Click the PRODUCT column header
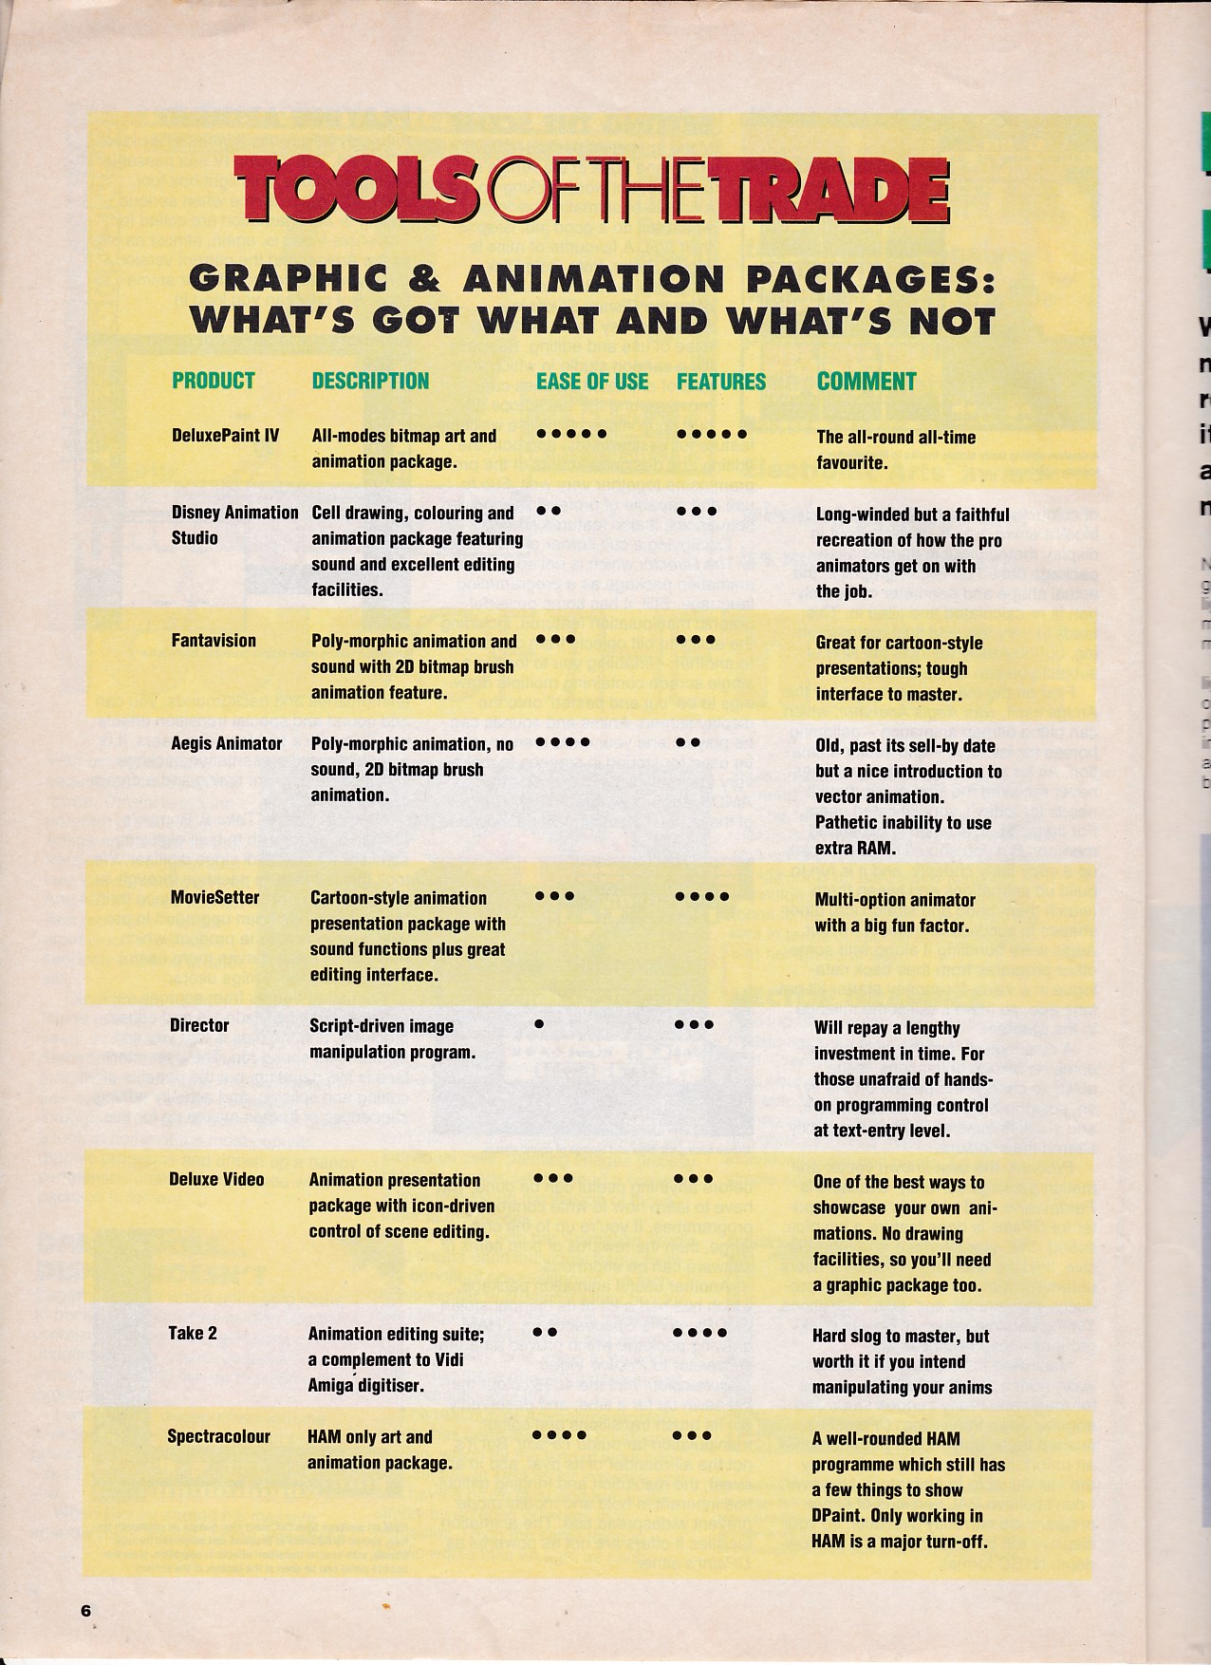point(214,381)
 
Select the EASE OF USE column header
point(592,382)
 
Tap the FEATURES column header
point(721,382)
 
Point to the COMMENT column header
point(866,382)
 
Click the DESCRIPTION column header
point(370,381)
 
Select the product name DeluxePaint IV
point(225,436)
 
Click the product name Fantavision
point(214,641)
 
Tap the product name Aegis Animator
point(226,743)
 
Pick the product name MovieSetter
point(214,897)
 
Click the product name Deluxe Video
point(216,1179)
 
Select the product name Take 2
point(193,1333)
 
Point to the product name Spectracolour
point(218,1436)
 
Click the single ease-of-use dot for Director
point(539,1024)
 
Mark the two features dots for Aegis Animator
point(689,742)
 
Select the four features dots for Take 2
point(700,1333)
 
